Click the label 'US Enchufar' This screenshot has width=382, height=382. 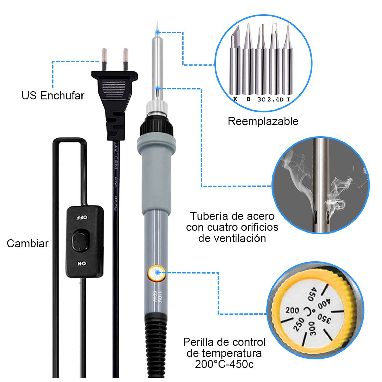coord(53,96)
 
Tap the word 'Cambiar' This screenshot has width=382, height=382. coord(28,243)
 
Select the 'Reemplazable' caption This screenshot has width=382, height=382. coord(263,121)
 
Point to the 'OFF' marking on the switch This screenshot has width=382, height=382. coord(82,217)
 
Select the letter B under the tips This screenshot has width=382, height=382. coord(249,99)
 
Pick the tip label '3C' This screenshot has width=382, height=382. coord(261,99)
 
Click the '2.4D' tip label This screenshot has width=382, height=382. coord(275,99)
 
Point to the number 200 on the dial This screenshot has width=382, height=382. coord(292,310)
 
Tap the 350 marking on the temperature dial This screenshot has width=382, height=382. coord(324,318)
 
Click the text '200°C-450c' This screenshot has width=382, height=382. coord(224,364)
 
